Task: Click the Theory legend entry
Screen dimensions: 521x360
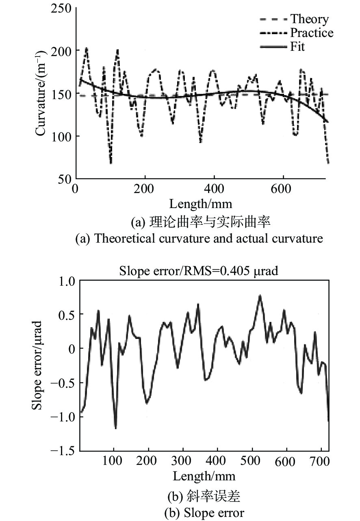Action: [309, 19]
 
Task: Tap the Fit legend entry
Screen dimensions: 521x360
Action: [297, 46]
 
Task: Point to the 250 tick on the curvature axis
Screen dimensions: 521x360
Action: [61, 8]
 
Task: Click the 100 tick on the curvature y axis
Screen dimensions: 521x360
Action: [61, 136]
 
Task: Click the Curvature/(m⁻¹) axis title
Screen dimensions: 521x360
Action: [41, 93]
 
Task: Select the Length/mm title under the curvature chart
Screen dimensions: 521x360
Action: [201, 203]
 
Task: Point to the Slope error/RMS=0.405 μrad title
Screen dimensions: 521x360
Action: [199, 271]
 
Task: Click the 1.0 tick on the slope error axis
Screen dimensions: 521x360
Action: [65, 281]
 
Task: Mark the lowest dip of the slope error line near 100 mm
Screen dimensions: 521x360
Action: [116, 428]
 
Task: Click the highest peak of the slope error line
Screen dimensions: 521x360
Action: [260, 295]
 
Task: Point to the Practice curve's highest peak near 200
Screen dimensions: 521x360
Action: [86, 48]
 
